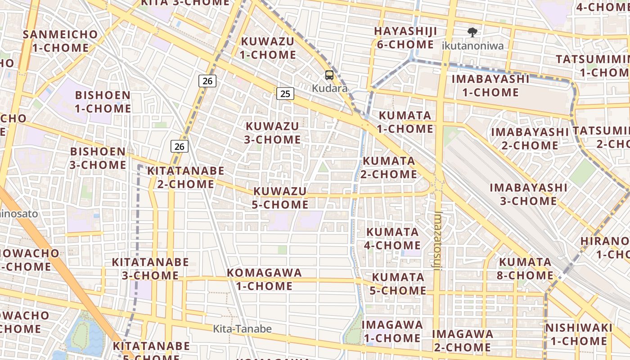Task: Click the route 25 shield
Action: pyautogui.click(x=285, y=94)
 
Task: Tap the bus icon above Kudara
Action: pyautogui.click(x=329, y=75)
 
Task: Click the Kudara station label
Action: pyautogui.click(x=330, y=88)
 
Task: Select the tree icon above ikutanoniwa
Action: pyautogui.click(x=472, y=32)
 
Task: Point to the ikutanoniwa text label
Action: pyautogui.click(x=472, y=45)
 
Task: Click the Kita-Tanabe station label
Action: pyautogui.click(x=242, y=329)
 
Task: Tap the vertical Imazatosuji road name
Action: pyautogui.click(x=439, y=241)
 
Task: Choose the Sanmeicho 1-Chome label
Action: pyautogui.click(x=61, y=41)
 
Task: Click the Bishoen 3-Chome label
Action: pyautogui.click(x=98, y=158)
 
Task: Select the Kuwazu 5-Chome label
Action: pyautogui.click(x=280, y=198)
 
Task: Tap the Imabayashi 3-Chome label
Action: pyautogui.click(x=528, y=194)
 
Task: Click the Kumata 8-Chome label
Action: pyautogui.click(x=526, y=269)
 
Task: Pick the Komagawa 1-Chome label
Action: pyautogui.click(x=264, y=279)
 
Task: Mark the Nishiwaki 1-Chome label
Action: pyautogui.click(x=579, y=334)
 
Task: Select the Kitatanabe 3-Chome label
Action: pyautogui.click(x=150, y=269)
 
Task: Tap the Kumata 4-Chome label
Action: pyautogui.click(x=393, y=238)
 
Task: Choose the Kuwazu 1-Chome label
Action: pyautogui.click(x=268, y=48)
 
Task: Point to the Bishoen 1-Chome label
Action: pyautogui.click(x=103, y=102)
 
